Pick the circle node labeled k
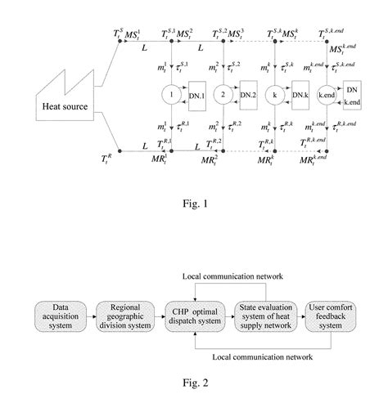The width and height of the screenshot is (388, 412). click(274, 94)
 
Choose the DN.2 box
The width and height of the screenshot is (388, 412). click(248, 96)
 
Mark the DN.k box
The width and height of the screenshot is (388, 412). click(298, 96)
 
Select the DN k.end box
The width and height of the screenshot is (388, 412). click(351, 95)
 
